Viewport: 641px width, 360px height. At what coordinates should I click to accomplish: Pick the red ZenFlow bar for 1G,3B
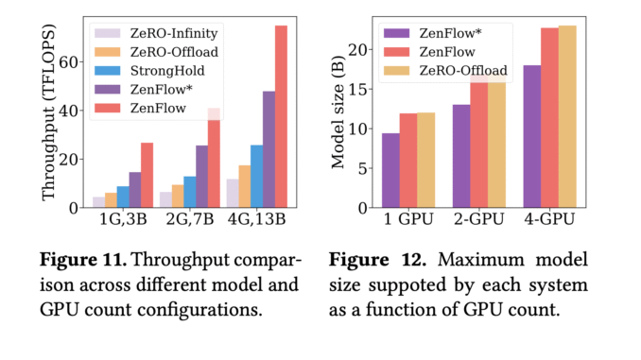[x=147, y=175]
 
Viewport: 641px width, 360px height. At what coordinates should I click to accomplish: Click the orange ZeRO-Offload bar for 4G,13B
[x=244, y=186]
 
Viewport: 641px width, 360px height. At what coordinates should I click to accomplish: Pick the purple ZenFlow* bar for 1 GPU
[x=390, y=170]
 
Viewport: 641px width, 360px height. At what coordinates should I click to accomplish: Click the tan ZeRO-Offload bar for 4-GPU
[x=567, y=116]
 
